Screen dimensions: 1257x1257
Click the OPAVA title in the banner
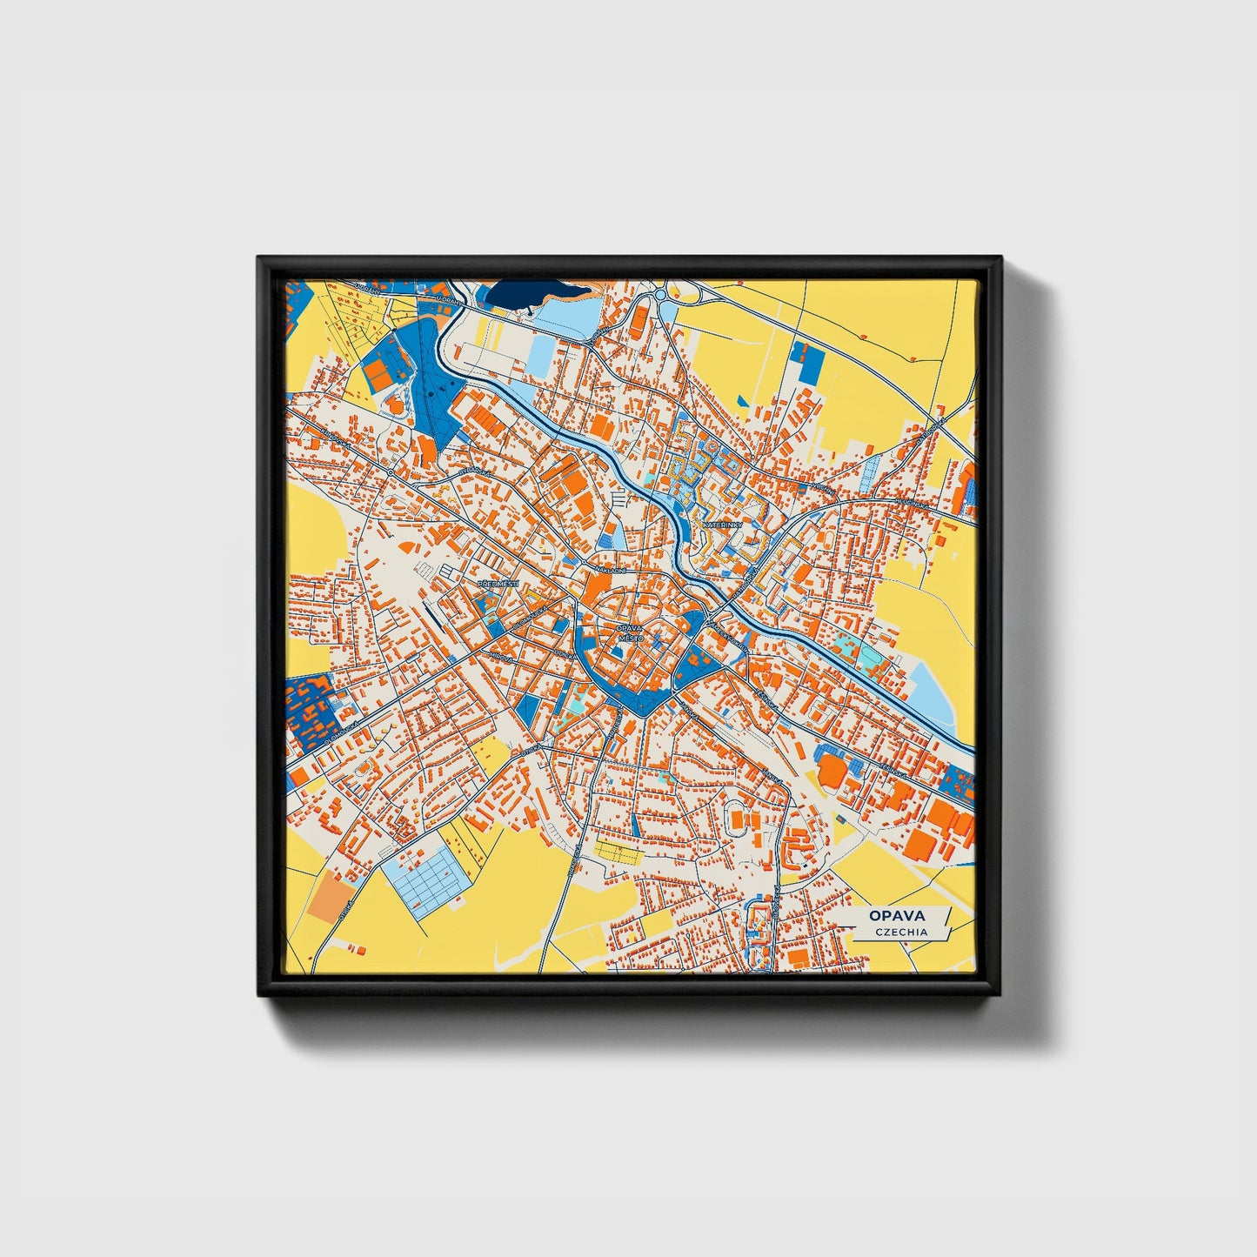895,915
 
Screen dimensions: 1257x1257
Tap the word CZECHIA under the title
901,932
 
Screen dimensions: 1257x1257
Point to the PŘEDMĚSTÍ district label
498,584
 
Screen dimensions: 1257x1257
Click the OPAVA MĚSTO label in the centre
628,632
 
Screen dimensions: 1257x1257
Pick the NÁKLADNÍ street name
610,571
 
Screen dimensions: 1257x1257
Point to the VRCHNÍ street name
822,490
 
